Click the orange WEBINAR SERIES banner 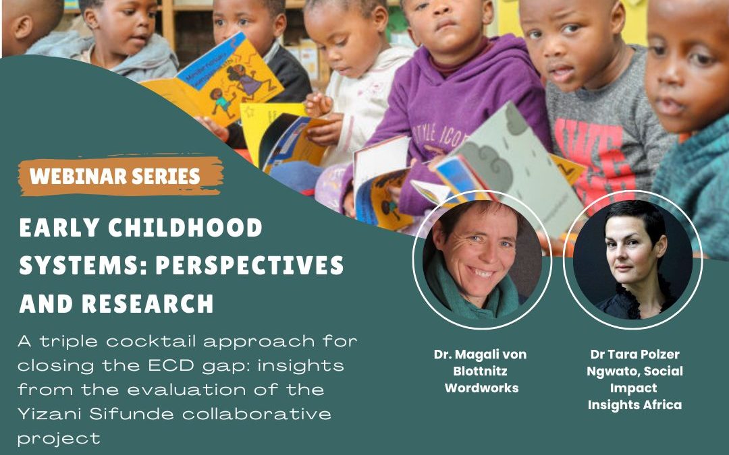[121, 176]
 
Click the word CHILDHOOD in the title [186, 228]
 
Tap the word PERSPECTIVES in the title [250, 265]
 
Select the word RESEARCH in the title [147, 303]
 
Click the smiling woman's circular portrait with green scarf [482, 260]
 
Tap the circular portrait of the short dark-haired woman [632, 260]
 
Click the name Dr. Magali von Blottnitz [481, 363]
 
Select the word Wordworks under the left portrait [482, 388]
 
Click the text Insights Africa [634, 405]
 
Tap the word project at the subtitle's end [59, 439]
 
